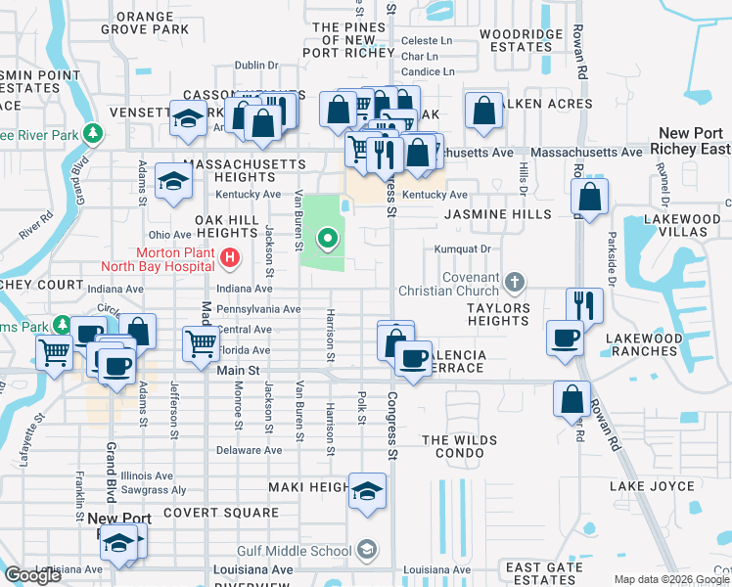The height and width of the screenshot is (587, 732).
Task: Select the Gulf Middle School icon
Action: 366,550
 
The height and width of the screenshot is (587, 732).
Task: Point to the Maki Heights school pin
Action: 367,491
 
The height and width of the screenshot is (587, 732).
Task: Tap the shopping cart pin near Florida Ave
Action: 201,342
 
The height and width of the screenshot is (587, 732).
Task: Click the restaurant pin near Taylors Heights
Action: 584,304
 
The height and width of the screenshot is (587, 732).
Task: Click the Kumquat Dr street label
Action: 464,248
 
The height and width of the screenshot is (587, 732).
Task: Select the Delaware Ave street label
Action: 249,450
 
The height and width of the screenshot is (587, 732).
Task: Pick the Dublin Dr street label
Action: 257,66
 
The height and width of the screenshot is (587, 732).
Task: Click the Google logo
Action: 32,576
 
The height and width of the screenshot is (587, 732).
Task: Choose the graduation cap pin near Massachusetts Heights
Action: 173,181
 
